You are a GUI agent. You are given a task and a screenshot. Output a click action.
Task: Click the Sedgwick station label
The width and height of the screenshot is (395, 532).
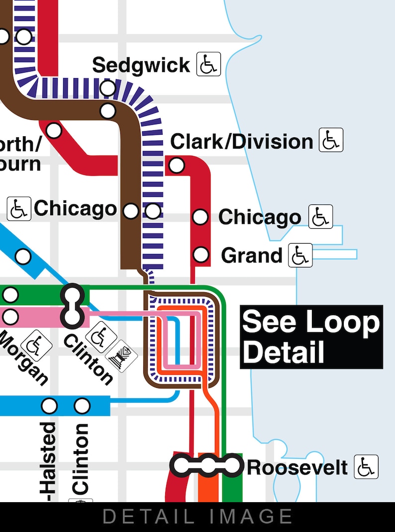pyautogui.click(x=141, y=65)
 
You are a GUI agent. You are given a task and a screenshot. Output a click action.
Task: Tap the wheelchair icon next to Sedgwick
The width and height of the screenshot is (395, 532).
pyautogui.click(x=208, y=64)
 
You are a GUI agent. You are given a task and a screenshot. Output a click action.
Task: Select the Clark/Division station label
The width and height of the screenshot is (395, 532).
pyautogui.click(x=242, y=142)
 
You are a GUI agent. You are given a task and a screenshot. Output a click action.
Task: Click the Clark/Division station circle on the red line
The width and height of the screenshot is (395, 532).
pyautogui.click(x=177, y=165)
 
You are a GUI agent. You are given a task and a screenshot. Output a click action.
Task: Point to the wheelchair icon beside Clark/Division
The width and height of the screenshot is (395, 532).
pyautogui.click(x=331, y=140)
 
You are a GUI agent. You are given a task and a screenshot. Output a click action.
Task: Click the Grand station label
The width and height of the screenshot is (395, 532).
pyautogui.click(x=252, y=255)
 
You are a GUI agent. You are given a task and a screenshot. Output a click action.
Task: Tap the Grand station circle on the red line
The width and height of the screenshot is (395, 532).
pyautogui.click(x=200, y=255)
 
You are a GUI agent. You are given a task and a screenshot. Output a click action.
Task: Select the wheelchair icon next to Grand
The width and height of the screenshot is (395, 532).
pyautogui.click(x=300, y=255)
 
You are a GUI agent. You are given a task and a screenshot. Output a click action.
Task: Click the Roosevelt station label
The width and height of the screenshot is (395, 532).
pyautogui.click(x=297, y=467)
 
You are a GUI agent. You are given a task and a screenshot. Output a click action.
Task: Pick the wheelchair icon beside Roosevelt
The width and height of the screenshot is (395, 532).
pyautogui.click(x=366, y=467)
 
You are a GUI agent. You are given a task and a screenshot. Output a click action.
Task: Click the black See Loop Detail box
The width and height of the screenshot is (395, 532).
pyautogui.click(x=311, y=337)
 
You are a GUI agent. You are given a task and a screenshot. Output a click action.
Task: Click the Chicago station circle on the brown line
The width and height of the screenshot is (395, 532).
pyautogui.click(x=131, y=211)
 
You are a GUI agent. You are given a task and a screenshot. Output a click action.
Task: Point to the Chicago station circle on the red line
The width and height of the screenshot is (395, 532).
pyautogui.click(x=200, y=217)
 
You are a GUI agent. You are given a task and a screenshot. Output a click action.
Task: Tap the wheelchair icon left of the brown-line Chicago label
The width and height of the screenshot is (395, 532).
pyautogui.click(x=19, y=209)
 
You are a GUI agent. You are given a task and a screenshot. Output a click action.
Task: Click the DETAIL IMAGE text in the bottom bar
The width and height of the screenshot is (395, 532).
pyautogui.click(x=197, y=517)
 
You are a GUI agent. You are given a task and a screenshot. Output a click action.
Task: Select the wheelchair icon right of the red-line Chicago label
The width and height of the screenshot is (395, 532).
pyautogui.click(x=320, y=217)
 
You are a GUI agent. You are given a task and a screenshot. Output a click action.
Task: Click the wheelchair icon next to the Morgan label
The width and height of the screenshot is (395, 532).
pyautogui.click(x=37, y=344)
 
